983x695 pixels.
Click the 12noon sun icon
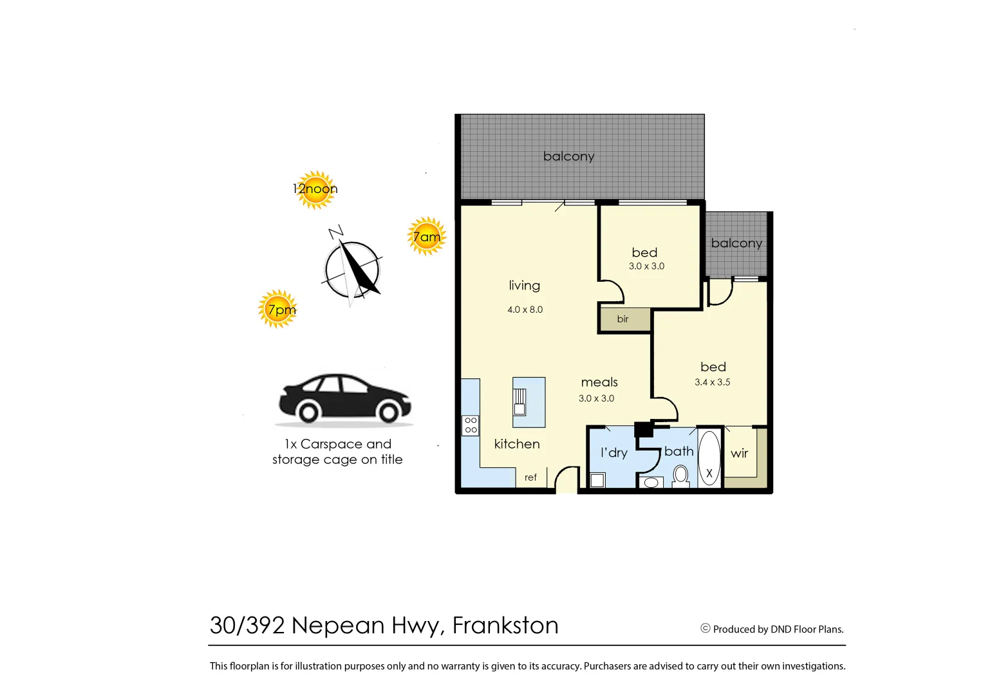coord(315,189)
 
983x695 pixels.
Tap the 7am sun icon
coord(427,236)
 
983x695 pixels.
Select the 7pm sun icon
coord(278,310)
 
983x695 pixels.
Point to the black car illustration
coord(344,399)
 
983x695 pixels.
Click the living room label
coord(524,286)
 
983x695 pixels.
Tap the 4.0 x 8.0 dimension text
coord(525,310)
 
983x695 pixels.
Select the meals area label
coord(599,382)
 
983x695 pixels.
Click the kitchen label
coord(517,444)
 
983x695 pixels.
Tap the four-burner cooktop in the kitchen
coord(471,425)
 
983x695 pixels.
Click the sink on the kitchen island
coord(520,402)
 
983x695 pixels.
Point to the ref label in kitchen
coord(530,477)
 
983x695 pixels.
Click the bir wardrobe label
coord(623,319)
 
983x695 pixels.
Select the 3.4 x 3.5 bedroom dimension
coord(712,382)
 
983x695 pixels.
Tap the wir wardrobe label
coord(739,454)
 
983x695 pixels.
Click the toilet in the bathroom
coord(680,476)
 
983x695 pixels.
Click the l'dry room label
coord(613,453)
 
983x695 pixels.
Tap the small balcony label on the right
coord(736,243)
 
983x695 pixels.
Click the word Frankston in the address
coord(505,625)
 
